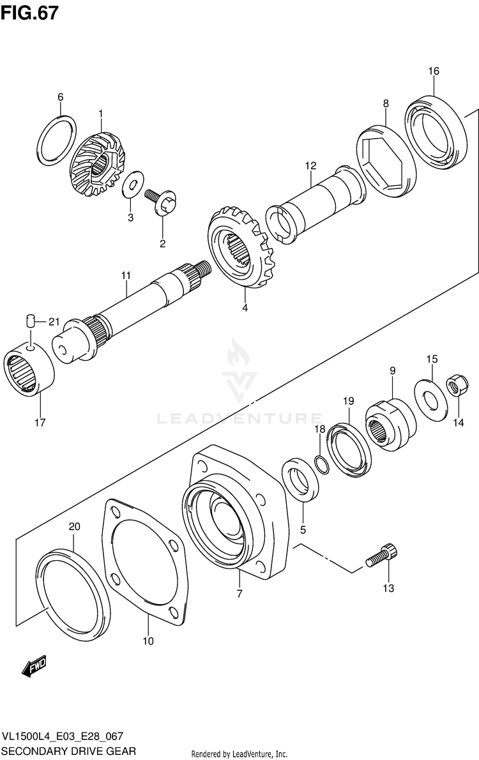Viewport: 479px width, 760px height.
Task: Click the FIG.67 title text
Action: click(30, 13)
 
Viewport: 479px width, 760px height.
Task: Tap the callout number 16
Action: click(434, 71)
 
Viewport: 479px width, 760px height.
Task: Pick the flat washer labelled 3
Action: click(134, 185)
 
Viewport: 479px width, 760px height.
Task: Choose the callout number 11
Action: click(126, 275)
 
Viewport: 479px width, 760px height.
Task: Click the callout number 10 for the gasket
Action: click(148, 641)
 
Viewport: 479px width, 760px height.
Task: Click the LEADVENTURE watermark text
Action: click(240, 419)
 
